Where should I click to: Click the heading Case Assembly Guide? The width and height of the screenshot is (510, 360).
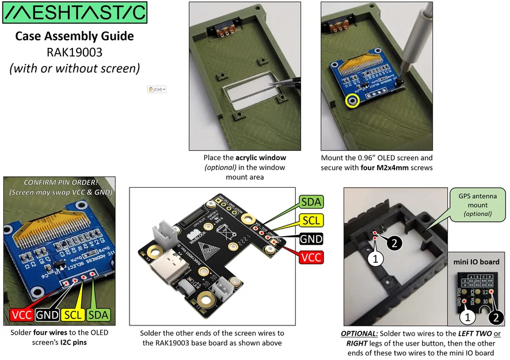coord(74,36)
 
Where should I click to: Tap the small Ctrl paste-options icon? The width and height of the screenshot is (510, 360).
coord(157,90)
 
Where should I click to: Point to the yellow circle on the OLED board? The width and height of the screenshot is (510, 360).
coord(352,101)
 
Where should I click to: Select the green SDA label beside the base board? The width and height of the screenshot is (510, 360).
coord(311,202)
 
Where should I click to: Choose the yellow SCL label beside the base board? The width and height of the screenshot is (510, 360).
coord(311,220)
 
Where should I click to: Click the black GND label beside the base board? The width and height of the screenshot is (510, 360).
coord(311,238)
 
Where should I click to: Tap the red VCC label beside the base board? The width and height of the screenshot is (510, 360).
coord(311,257)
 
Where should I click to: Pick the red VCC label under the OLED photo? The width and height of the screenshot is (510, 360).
coord(21,314)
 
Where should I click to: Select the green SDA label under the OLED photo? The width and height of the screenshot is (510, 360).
coord(99,314)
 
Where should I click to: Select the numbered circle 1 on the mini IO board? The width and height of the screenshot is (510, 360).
coord(466,316)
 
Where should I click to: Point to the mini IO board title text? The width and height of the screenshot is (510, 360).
coord(477,262)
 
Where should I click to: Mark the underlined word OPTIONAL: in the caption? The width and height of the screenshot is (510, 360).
coord(361,334)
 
